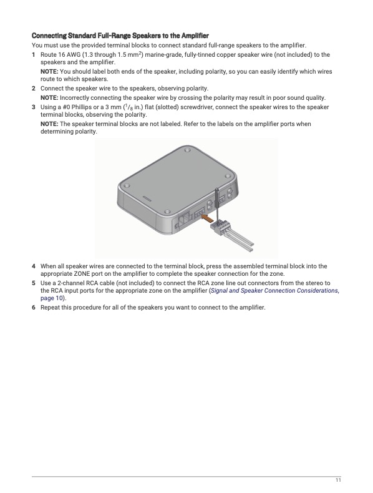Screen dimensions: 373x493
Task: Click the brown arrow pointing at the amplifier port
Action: [x=208, y=218]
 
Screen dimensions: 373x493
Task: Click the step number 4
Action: [x=33, y=266]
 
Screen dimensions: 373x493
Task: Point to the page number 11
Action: [x=338, y=480]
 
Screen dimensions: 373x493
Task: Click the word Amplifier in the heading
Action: [x=195, y=35]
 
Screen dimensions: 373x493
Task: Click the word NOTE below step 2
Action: [x=49, y=98]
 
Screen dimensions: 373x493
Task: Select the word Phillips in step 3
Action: [x=81, y=107]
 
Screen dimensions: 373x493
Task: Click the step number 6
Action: [x=33, y=308]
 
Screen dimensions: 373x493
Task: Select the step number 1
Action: [x=33, y=55]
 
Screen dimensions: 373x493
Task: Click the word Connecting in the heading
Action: [x=49, y=35]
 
